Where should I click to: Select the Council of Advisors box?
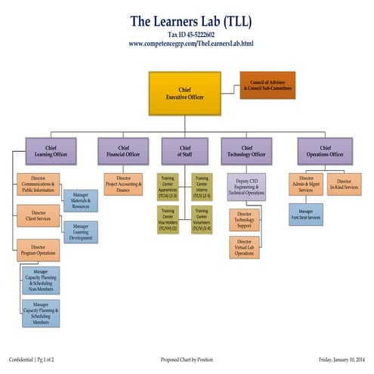coord(267,85)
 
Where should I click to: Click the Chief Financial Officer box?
coord(119,151)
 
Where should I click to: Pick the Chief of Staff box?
coord(185,151)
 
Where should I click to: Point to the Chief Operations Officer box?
coord(325,151)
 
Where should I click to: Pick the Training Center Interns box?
coord(202,187)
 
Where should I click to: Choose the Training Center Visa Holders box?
coord(168,219)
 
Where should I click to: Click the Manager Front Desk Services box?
coord(305,215)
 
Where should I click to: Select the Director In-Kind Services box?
coord(344,183)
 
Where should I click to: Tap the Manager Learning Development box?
coord(80,232)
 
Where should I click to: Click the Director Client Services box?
coord(39,217)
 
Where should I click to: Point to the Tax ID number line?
coord(186,35)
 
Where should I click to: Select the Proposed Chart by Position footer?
coord(187,360)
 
